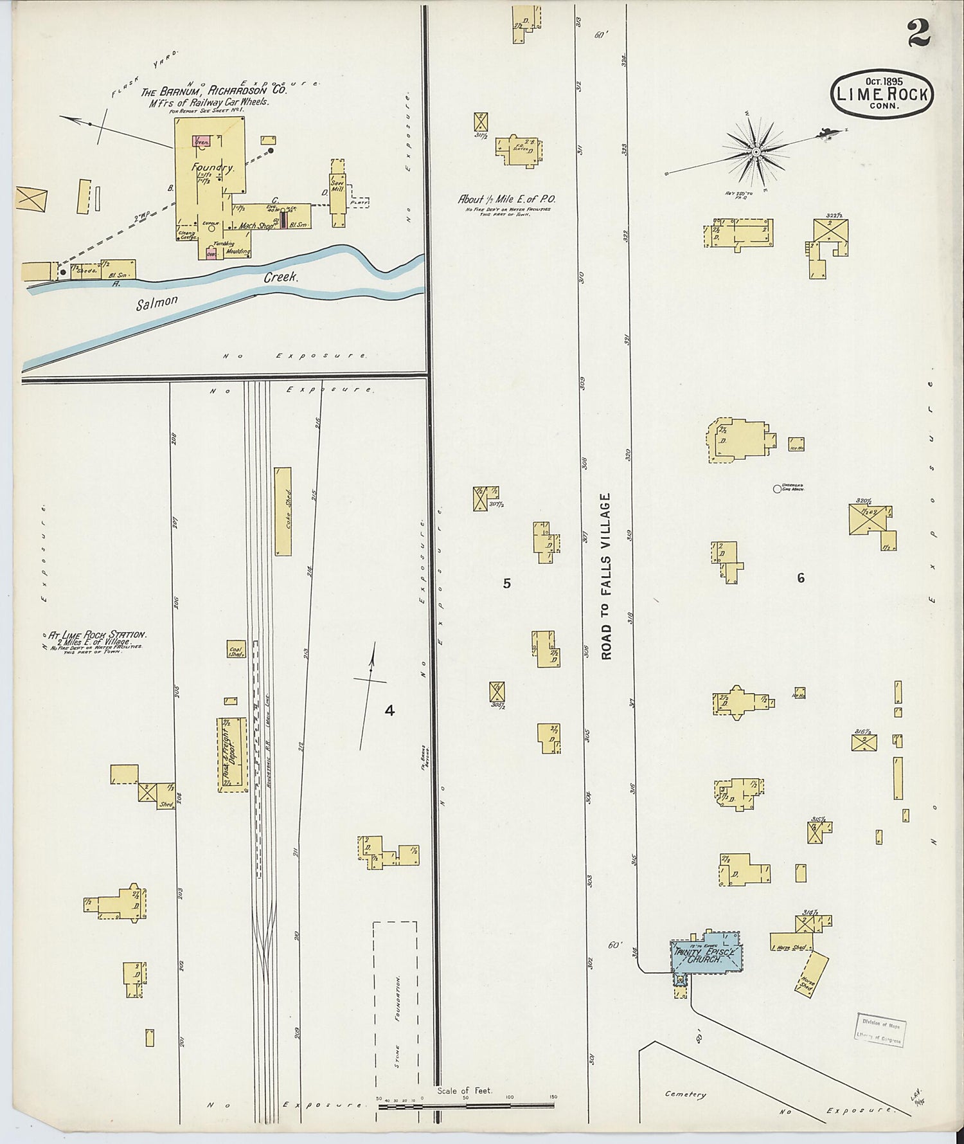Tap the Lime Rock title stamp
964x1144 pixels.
click(882, 94)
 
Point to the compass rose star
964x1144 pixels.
click(756, 152)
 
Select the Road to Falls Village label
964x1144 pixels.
click(607, 576)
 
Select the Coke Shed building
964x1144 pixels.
click(283, 511)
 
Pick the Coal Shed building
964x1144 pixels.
click(236, 649)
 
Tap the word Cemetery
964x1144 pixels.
click(685, 1094)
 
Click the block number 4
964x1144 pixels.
click(389, 711)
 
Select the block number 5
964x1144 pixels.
click(506, 583)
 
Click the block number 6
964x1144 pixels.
click(801, 577)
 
